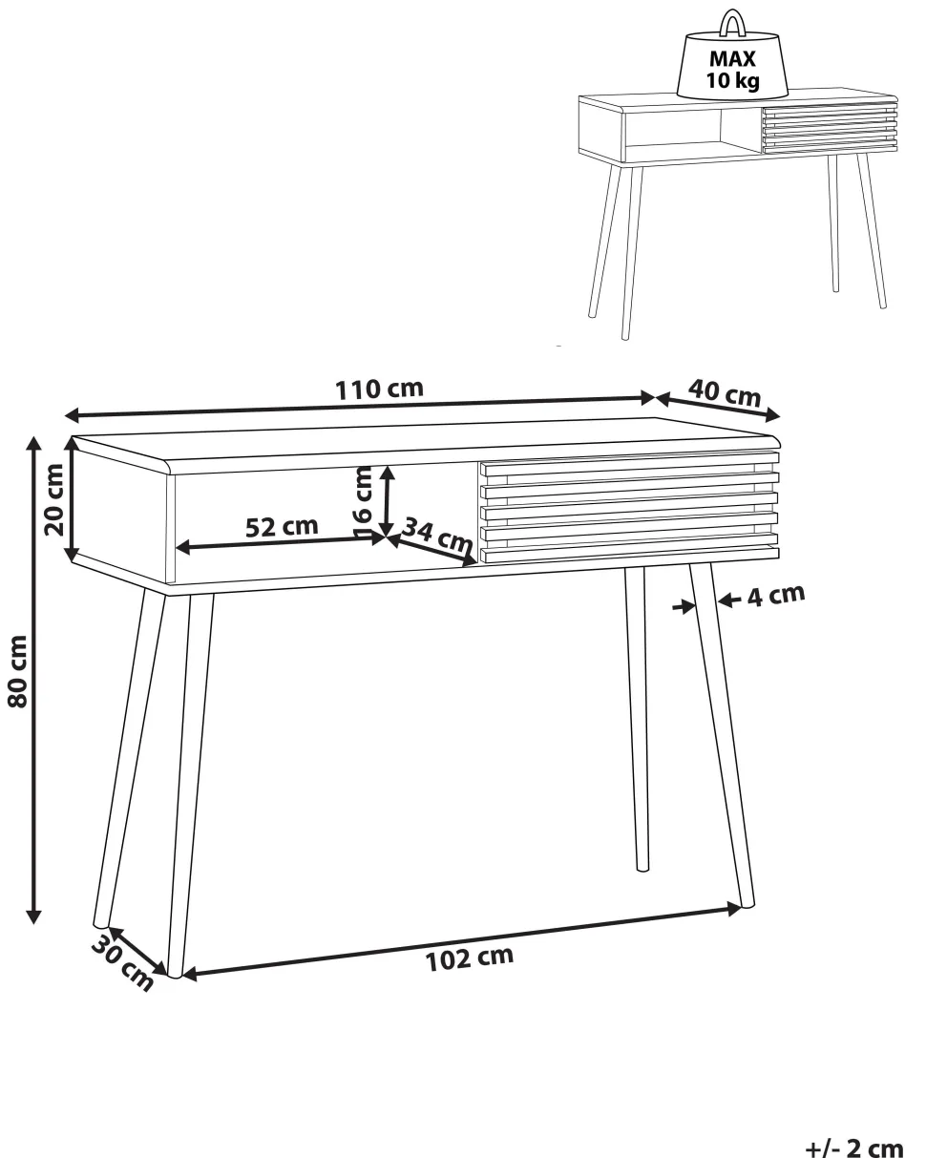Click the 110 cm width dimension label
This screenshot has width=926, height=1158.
click(379, 390)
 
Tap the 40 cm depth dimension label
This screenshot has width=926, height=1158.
click(725, 393)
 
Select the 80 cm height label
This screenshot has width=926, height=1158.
click(18, 671)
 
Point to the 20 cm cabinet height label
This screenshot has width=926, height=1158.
click(54, 500)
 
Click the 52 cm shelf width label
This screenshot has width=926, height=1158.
click(282, 527)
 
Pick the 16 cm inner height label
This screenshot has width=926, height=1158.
click(364, 501)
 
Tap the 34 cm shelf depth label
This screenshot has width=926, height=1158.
click(437, 536)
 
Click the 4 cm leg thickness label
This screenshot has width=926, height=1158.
click(775, 595)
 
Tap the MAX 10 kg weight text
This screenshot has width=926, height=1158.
click(732, 69)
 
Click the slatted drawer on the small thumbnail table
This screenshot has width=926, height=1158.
click(830, 129)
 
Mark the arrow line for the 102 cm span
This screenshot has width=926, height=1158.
click(462, 941)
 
